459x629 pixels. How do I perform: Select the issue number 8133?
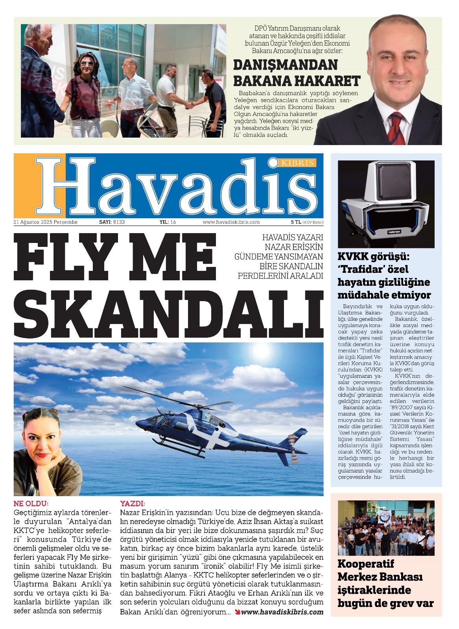click(119, 222)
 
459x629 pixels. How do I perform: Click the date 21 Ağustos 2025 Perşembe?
click(45, 222)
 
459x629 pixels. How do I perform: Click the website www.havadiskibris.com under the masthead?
click(231, 222)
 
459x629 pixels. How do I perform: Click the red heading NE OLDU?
click(31, 504)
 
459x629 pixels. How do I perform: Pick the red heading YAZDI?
click(133, 504)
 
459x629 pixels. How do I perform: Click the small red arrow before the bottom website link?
click(237, 612)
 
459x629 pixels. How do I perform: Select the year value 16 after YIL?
click(173, 222)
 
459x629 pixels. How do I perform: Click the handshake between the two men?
click(190, 105)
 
